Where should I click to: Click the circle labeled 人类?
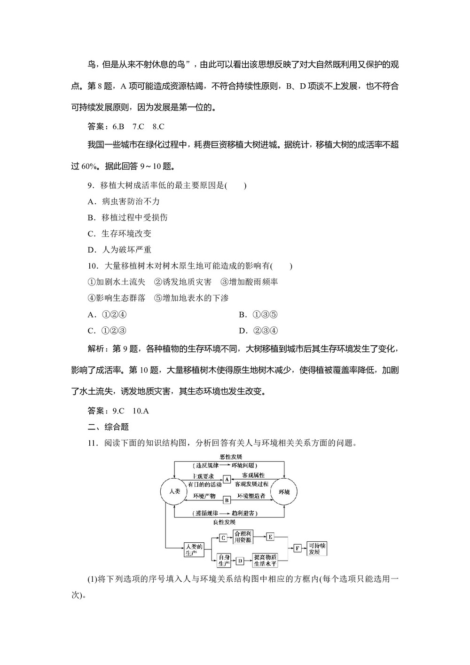click(174, 491)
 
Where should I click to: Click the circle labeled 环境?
click(284, 491)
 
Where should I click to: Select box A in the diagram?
click(227, 479)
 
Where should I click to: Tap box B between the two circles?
click(227, 500)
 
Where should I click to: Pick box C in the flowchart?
click(223, 537)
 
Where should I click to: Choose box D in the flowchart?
click(240, 561)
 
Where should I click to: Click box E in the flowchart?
click(270, 536)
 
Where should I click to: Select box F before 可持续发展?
click(297, 548)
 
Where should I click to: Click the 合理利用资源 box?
click(243, 537)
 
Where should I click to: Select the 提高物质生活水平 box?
click(266, 560)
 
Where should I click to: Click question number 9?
click(91, 185)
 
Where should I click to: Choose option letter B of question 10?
click(243, 315)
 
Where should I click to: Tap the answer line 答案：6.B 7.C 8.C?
click(126, 126)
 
